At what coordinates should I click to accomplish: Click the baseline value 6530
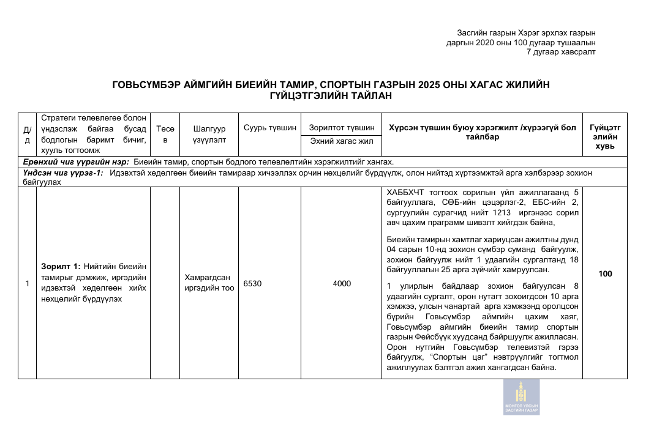[253, 284]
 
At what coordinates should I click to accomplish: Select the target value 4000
[342, 284]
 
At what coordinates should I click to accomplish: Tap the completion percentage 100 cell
[605, 274]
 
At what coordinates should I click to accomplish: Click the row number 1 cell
[27, 284]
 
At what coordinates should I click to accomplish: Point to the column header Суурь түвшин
[270, 128]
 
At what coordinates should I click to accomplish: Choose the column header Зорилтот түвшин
[342, 128]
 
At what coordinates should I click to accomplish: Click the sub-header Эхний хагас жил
[342, 142]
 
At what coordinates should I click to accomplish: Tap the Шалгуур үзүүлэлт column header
[209, 134]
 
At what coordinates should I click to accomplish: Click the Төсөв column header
[165, 134]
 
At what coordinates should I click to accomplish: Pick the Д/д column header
[27, 134]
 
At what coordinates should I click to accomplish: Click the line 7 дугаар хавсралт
[561, 52]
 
